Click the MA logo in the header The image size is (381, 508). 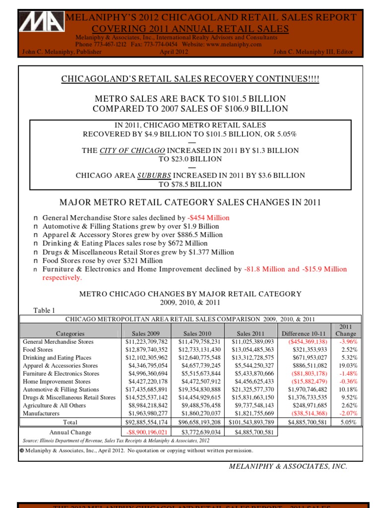tap(42, 28)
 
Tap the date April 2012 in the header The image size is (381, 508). tap(174, 52)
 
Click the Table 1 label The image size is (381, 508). tap(44, 311)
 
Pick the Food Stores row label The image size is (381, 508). tap(38, 350)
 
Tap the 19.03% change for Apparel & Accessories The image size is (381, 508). tap(348, 366)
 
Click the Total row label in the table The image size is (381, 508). tap(70, 422)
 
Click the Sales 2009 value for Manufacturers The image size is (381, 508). tap(147, 413)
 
